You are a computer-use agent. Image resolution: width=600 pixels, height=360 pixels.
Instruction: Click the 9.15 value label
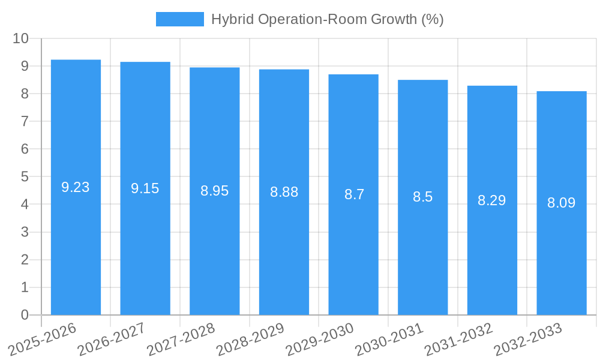pyautogui.click(x=145, y=188)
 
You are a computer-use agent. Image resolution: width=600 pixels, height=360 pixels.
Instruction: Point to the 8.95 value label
pyautogui.click(x=215, y=191)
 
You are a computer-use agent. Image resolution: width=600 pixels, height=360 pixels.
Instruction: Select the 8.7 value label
pyautogui.click(x=354, y=194)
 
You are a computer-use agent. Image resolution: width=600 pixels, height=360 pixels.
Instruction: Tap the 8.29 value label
pyautogui.click(x=492, y=200)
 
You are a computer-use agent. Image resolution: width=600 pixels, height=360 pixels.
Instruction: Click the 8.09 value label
pyautogui.click(x=562, y=203)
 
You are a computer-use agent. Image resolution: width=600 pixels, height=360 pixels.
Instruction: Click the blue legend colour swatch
pyautogui.click(x=179, y=19)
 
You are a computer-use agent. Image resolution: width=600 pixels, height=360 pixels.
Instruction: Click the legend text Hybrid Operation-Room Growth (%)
pyautogui.click(x=328, y=19)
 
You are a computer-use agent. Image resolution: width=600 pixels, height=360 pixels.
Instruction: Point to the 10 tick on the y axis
pyautogui.click(x=20, y=38)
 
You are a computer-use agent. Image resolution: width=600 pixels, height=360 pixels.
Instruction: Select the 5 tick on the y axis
pyautogui.click(x=25, y=177)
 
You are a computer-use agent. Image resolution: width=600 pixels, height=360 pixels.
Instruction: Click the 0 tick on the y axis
pyautogui.click(x=25, y=315)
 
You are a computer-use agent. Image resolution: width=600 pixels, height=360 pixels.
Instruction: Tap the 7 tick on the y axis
pyautogui.click(x=25, y=121)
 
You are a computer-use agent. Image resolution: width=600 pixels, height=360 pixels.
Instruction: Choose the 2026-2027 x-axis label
pyautogui.click(x=112, y=339)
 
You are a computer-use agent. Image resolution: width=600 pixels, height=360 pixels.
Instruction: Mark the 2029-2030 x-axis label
pyautogui.click(x=320, y=339)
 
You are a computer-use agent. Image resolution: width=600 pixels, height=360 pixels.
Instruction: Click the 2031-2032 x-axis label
pyautogui.click(x=458, y=339)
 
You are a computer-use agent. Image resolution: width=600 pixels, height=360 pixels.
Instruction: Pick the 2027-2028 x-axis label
pyautogui.click(x=181, y=339)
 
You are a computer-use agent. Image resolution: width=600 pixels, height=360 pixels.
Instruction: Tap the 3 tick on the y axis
pyautogui.click(x=25, y=232)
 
